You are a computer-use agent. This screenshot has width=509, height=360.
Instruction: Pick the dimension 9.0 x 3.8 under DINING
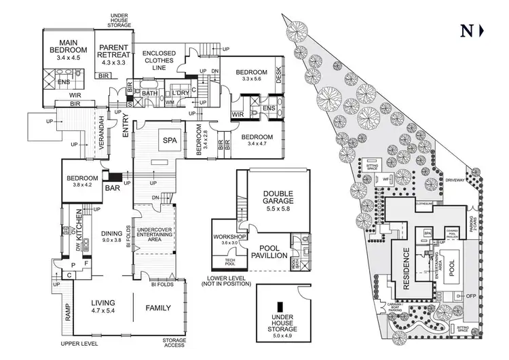[111, 239]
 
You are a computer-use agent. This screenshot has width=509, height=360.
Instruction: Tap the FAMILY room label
[158, 307]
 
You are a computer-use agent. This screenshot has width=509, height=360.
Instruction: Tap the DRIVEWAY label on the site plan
[461, 180]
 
